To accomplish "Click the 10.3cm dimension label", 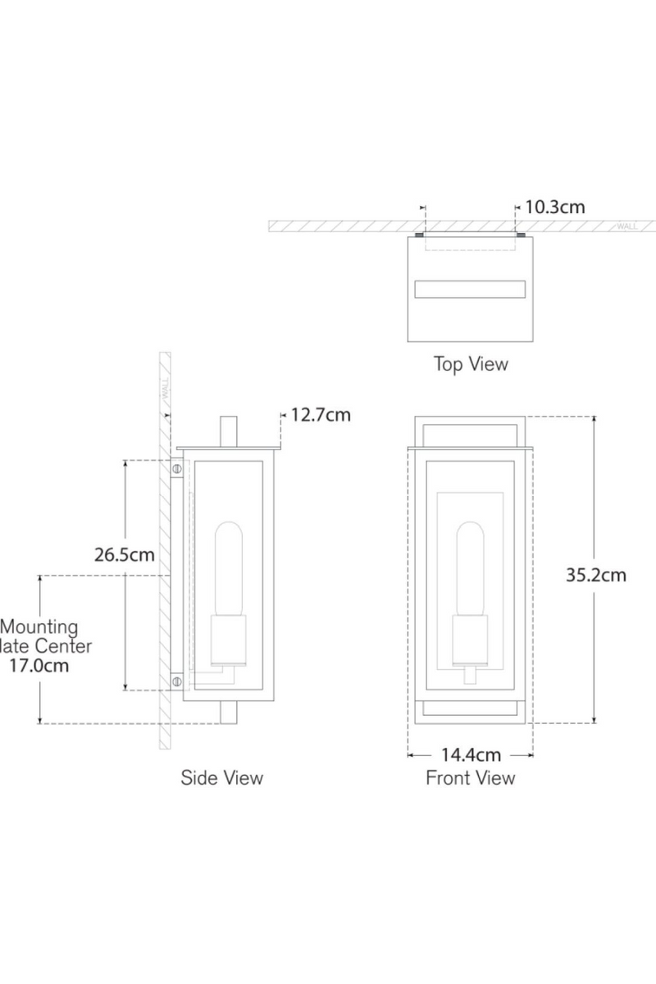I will (x=555, y=207).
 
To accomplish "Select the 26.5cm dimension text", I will (x=124, y=554).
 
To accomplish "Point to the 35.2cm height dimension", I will (x=595, y=575).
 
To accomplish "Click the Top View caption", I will (x=471, y=364).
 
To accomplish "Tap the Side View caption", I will (x=222, y=777).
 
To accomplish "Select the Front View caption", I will (x=470, y=777).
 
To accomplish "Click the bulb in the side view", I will (x=228, y=570).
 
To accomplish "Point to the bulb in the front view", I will (x=470, y=570).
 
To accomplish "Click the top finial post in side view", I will (x=229, y=431).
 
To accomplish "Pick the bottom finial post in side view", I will (x=229, y=713).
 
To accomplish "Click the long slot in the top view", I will (x=470, y=289).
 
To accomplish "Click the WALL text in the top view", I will (x=627, y=226).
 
